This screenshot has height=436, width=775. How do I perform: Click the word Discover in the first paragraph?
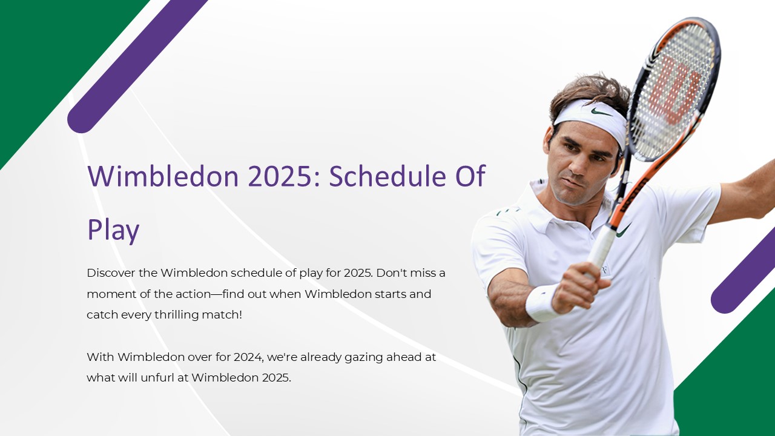pyautogui.click(x=111, y=272)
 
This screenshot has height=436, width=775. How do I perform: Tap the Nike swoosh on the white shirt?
pyautogui.click(x=623, y=230)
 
